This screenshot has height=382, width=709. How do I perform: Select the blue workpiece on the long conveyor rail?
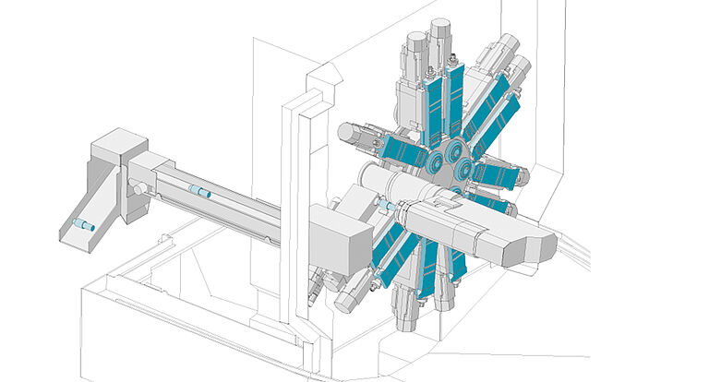[198, 192]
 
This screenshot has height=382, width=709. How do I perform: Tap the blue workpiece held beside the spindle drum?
[386, 205]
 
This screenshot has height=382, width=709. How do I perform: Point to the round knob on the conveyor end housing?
[138, 189]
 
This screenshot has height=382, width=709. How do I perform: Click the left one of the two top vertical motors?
[415, 46]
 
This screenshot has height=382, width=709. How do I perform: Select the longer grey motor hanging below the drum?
[406, 304]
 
